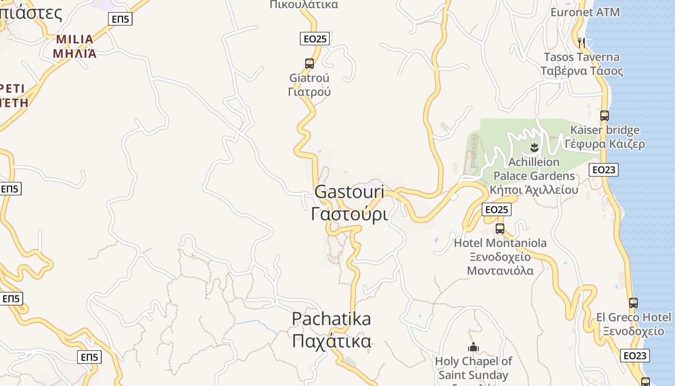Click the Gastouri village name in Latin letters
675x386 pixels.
[349, 192]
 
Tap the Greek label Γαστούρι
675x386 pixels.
[349, 213]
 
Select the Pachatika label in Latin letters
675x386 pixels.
[331, 319]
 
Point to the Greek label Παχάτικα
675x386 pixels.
[331, 341]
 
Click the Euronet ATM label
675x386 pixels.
[585, 12]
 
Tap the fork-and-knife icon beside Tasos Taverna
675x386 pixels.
[581, 42]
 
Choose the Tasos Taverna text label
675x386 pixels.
[581, 57]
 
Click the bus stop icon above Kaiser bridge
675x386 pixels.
[604, 116]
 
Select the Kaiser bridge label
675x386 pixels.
[605, 130]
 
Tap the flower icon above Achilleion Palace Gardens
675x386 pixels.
[534, 147]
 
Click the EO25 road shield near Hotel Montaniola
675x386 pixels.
[496, 209]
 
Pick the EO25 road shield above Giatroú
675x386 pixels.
[314, 39]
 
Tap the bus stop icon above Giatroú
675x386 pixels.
[310, 64]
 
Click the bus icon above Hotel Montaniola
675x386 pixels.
[500, 229]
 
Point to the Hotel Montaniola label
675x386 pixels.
[500, 243]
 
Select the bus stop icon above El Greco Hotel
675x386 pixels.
[633, 303]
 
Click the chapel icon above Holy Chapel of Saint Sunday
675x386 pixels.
[473, 347]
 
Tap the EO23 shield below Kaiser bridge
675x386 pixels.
[603, 170]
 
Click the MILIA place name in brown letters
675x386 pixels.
[74, 39]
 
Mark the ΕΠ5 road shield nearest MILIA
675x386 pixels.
[119, 19]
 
